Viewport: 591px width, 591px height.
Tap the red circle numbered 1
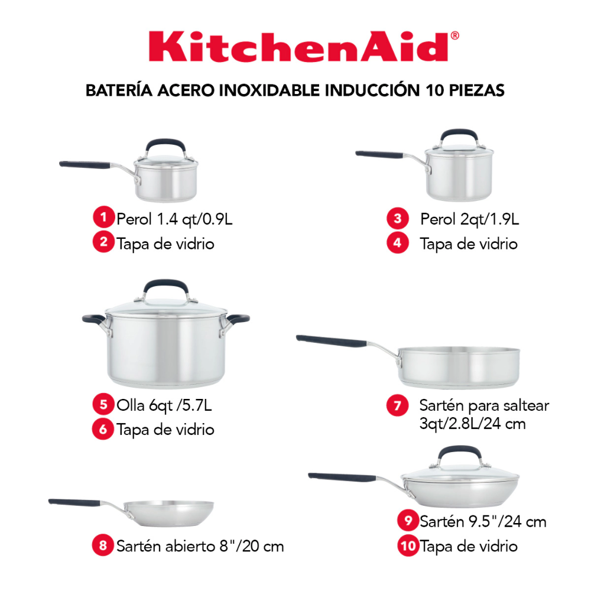(103, 219)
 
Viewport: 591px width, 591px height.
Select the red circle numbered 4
(398, 242)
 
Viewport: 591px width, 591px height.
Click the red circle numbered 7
(398, 405)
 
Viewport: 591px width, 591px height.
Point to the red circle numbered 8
(103, 545)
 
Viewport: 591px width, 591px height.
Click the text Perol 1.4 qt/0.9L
(174, 219)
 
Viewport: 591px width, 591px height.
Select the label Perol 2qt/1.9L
(469, 219)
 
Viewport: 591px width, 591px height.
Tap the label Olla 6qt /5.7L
(165, 405)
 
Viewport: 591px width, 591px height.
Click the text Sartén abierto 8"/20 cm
(200, 545)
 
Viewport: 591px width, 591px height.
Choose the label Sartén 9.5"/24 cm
(483, 521)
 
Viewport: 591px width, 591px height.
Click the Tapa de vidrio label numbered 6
(165, 429)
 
